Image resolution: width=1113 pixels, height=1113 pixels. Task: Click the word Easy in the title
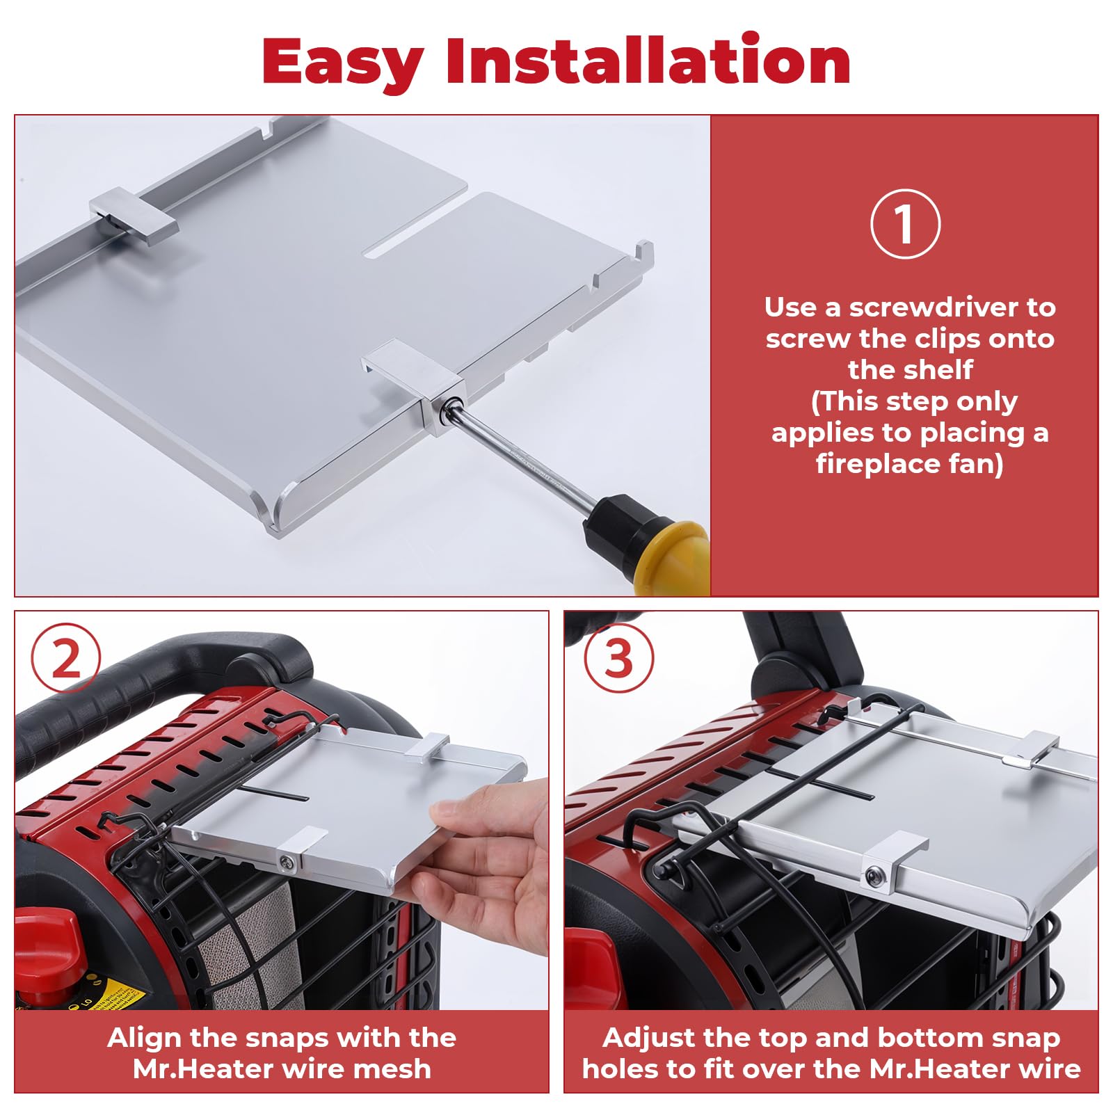343,63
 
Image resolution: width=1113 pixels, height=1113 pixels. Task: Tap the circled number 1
904,224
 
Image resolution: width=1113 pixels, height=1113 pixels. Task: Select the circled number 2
66,658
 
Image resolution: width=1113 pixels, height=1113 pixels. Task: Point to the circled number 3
618,658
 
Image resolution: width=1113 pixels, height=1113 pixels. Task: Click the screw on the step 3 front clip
874,876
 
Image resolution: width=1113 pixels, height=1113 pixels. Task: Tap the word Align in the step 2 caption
144,1037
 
